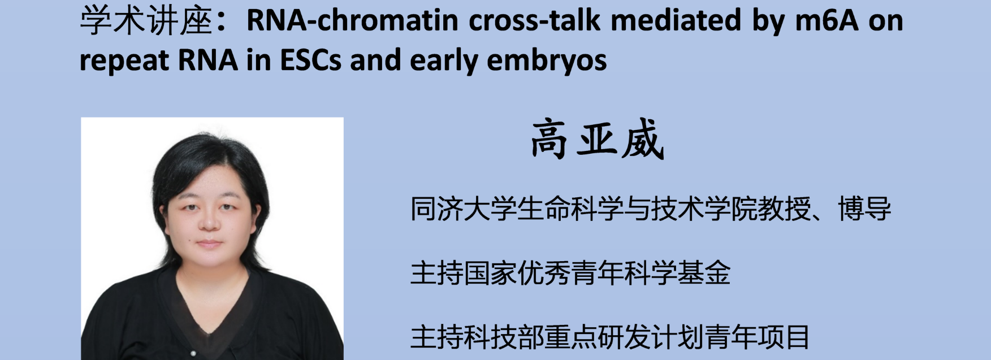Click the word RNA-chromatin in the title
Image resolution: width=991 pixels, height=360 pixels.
point(352,21)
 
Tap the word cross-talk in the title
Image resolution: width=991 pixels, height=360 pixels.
point(535,21)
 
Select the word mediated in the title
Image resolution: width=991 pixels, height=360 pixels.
point(676,21)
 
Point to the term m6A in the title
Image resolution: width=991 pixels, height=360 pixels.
point(826,21)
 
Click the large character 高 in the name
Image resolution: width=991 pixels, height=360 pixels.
point(549,140)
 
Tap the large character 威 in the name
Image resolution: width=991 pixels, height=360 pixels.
point(643,140)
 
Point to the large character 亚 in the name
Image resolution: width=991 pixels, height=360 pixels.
point(596,140)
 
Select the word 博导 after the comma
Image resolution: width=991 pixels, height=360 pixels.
point(864,209)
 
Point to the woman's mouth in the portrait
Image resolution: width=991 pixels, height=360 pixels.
point(209,244)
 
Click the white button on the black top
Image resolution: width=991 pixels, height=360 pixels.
point(193,353)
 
